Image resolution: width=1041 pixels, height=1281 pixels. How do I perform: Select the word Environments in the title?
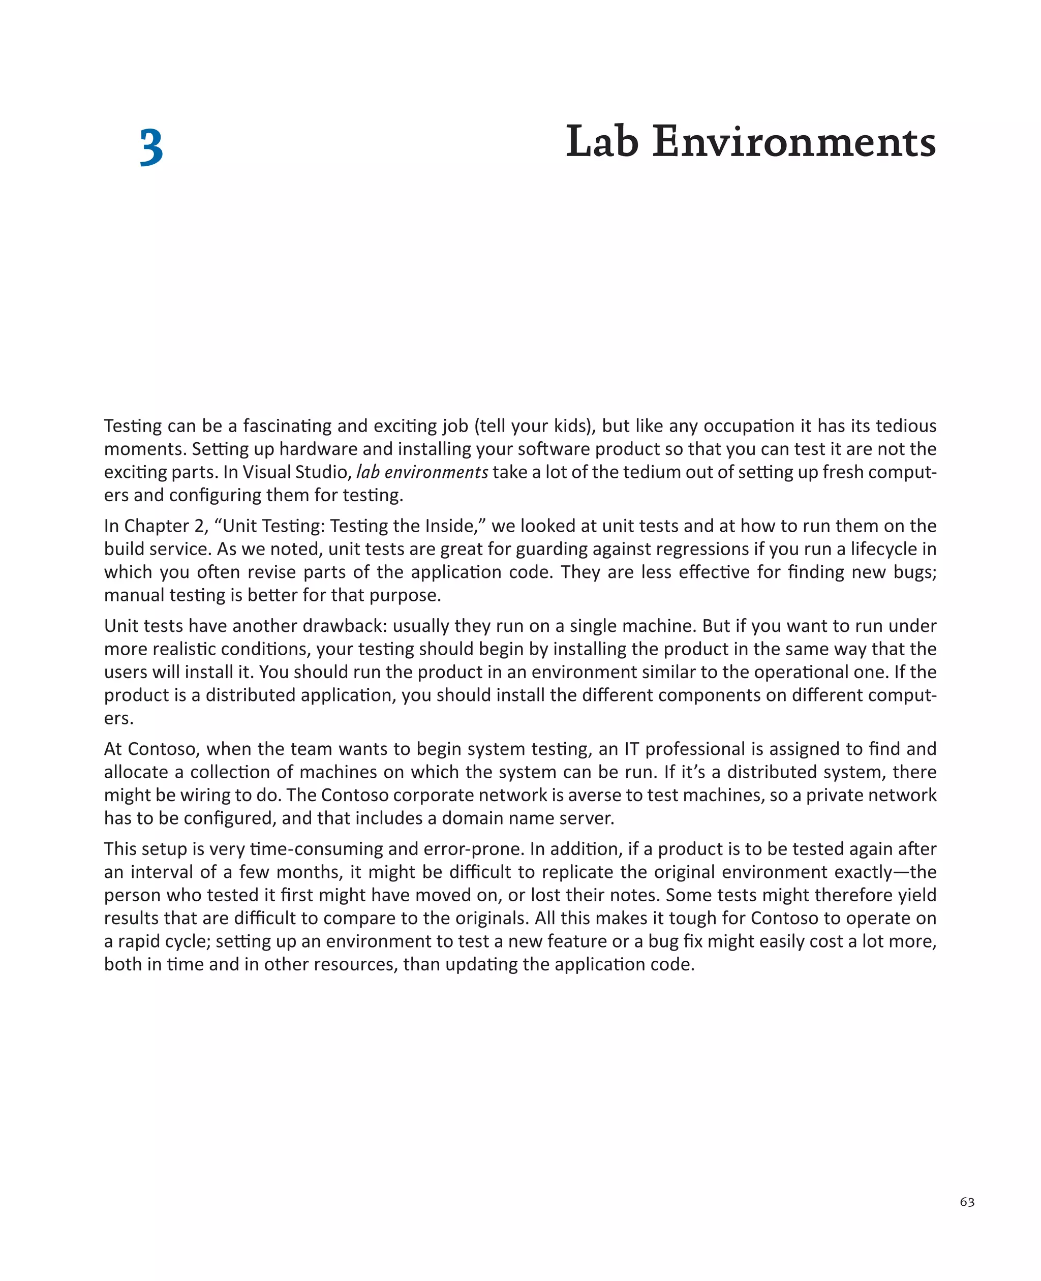[794, 142]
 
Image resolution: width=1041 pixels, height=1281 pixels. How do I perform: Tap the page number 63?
[967, 1202]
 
